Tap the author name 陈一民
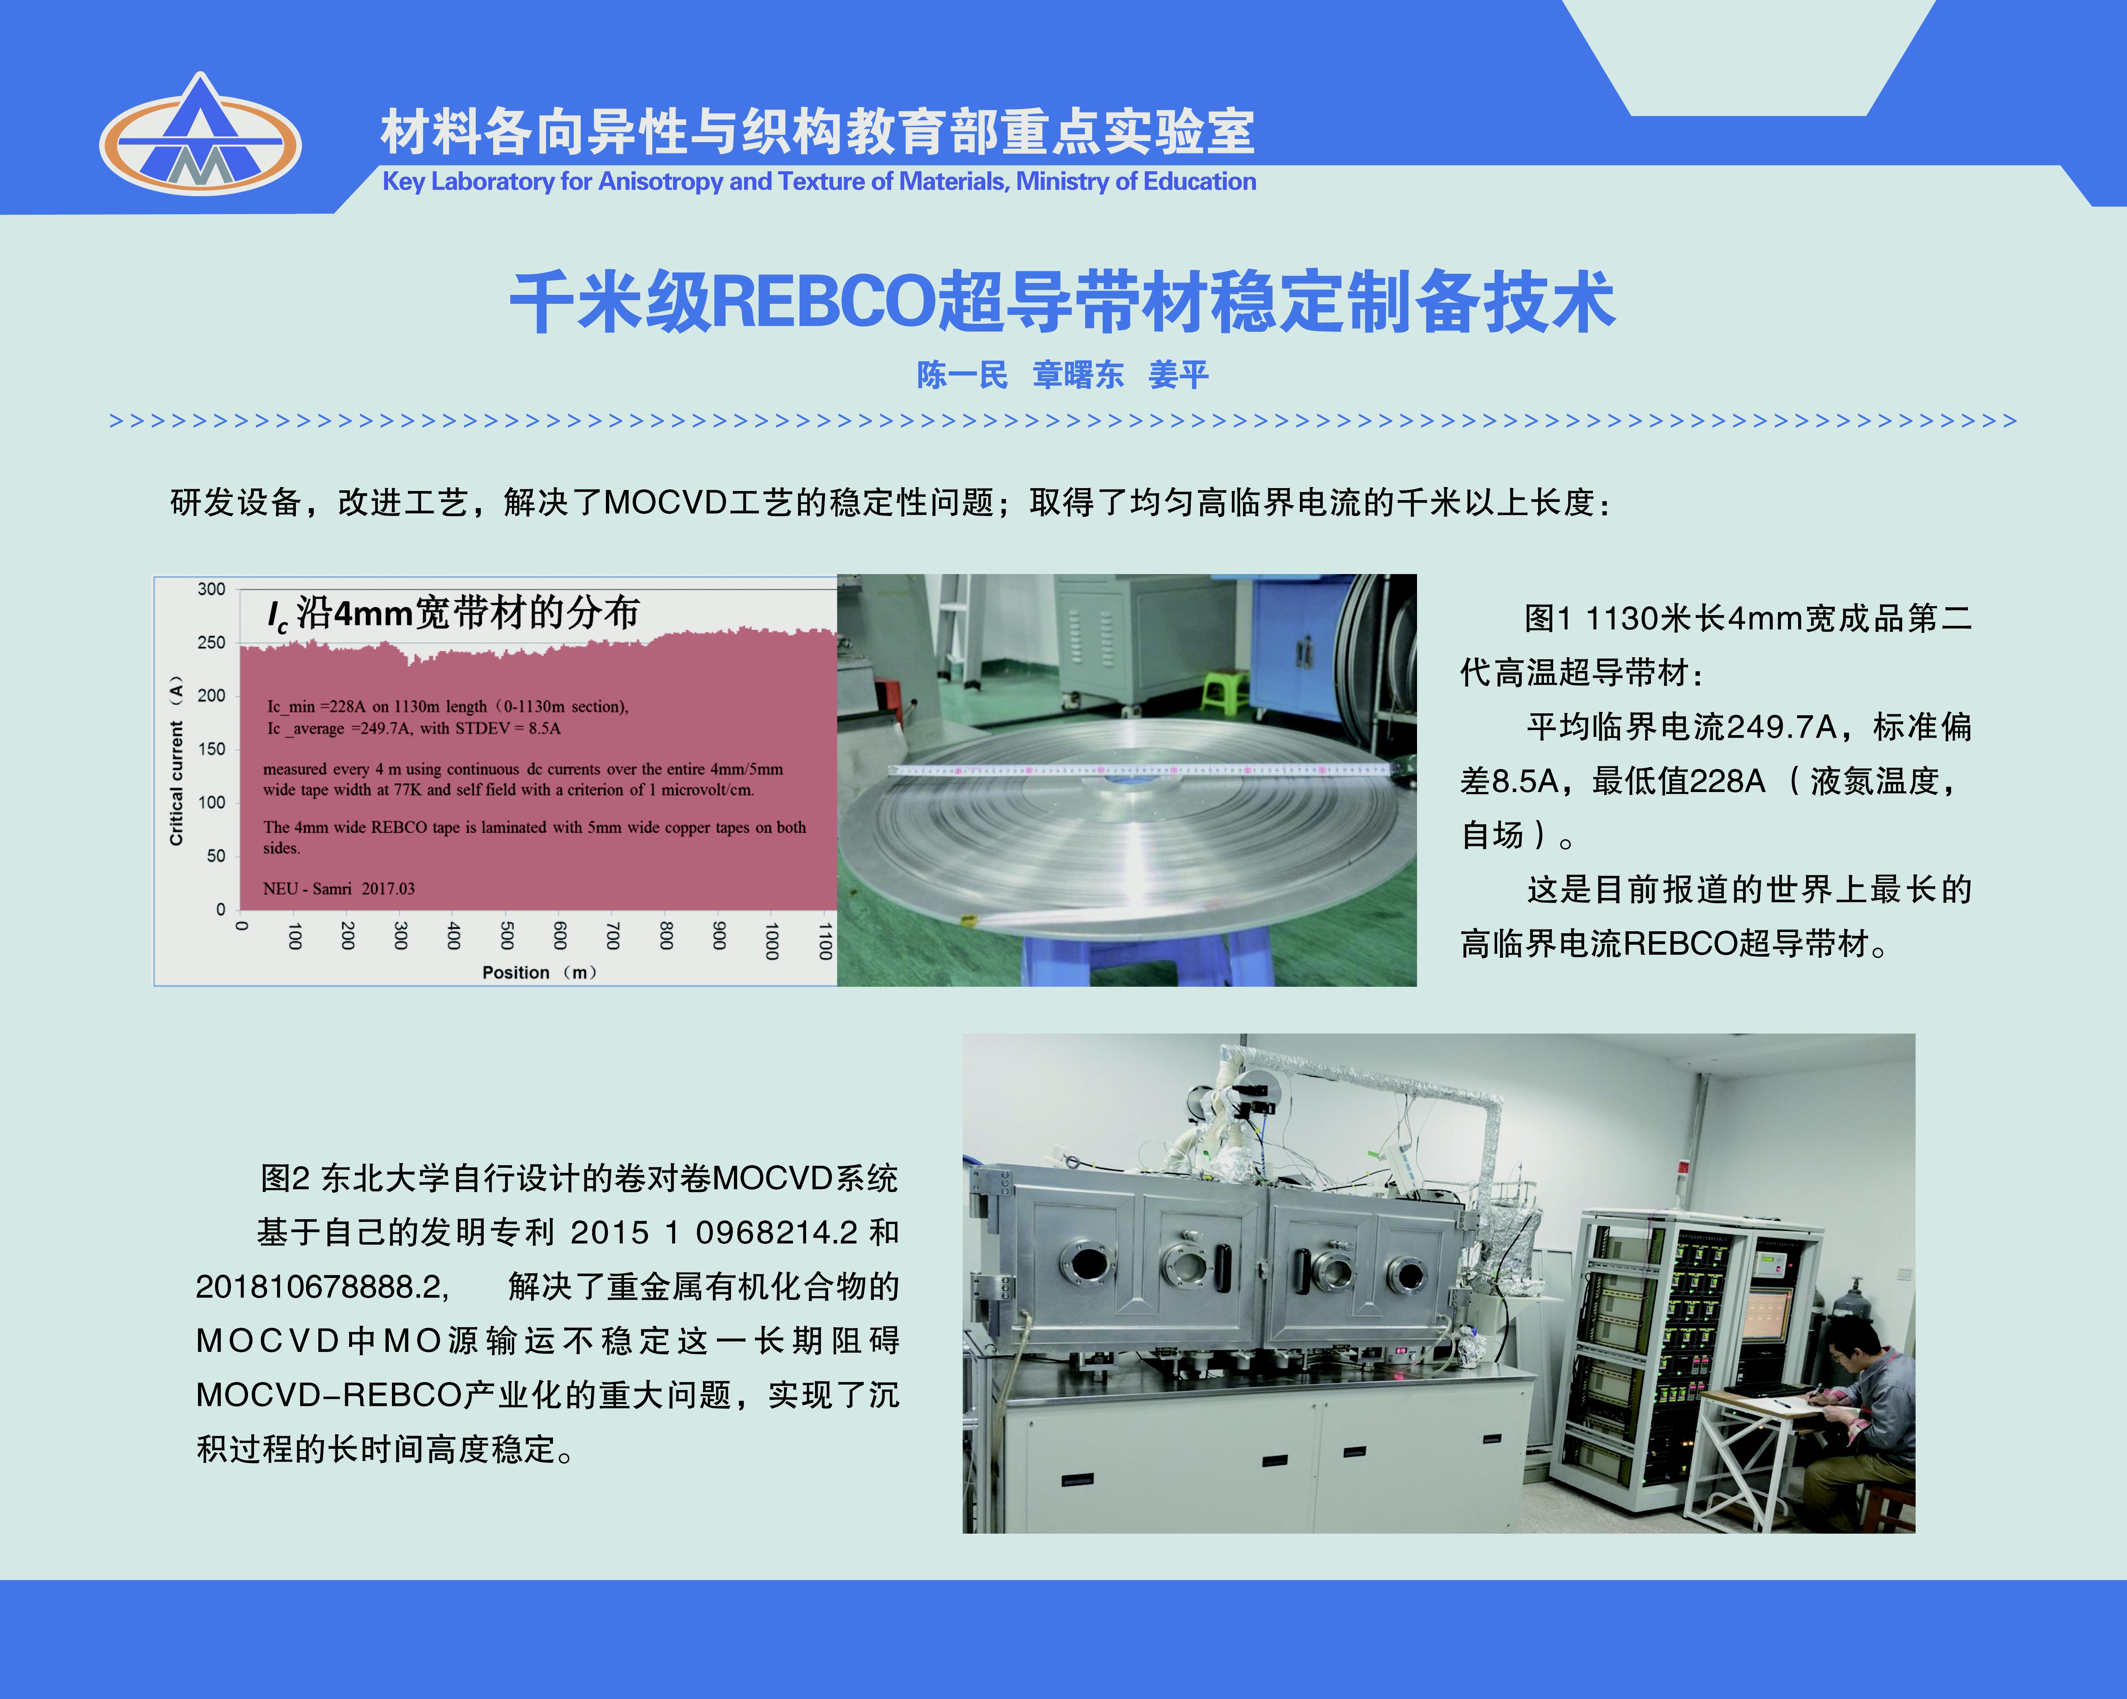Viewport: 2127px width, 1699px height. [x=962, y=375]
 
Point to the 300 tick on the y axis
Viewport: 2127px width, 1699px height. [x=211, y=589]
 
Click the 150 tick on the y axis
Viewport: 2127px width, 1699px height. [x=211, y=749]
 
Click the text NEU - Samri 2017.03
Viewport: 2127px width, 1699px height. [x=338, y=889]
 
